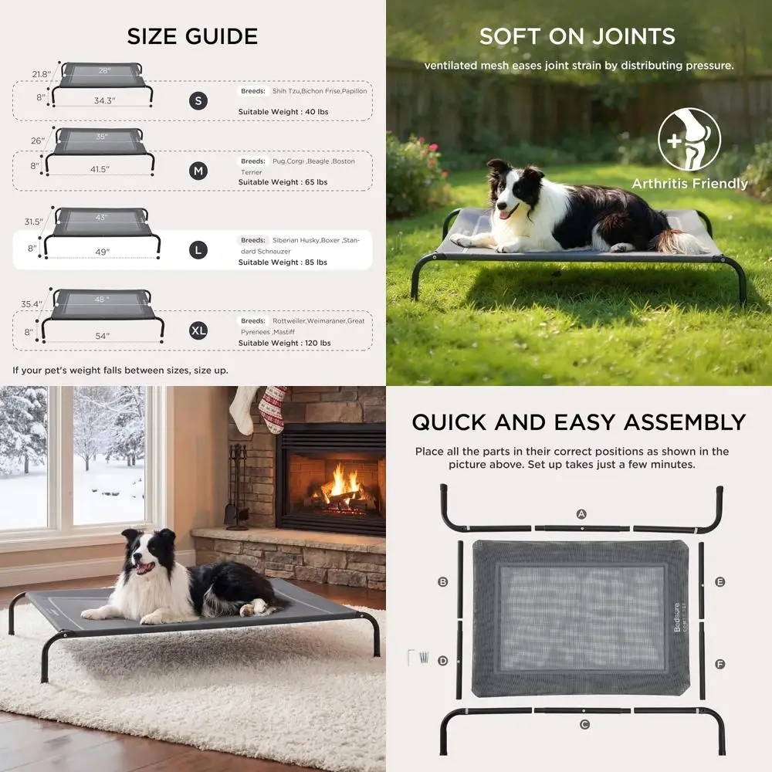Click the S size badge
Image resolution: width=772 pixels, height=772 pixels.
(198, 101)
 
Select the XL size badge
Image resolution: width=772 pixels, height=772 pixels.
(198, 330)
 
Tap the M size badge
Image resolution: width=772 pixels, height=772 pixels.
(198, 171)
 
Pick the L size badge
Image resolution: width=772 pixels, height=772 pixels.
(198, 250)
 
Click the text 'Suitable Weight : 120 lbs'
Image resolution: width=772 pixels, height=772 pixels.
(284, 343)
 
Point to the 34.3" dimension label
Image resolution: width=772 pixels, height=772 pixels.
(104, 101)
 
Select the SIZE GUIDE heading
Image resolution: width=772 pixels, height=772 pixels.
(192, 36)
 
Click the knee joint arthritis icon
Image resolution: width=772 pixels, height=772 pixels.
(689, 141)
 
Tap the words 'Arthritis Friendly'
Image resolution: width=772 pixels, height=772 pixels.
(689, 184)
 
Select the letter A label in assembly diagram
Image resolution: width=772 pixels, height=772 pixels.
(581, 513)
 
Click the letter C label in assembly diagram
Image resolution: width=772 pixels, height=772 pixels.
(584, 724)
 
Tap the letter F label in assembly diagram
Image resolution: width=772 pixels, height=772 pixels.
(720, 664)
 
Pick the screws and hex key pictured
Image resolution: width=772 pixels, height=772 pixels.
(417, 658)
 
